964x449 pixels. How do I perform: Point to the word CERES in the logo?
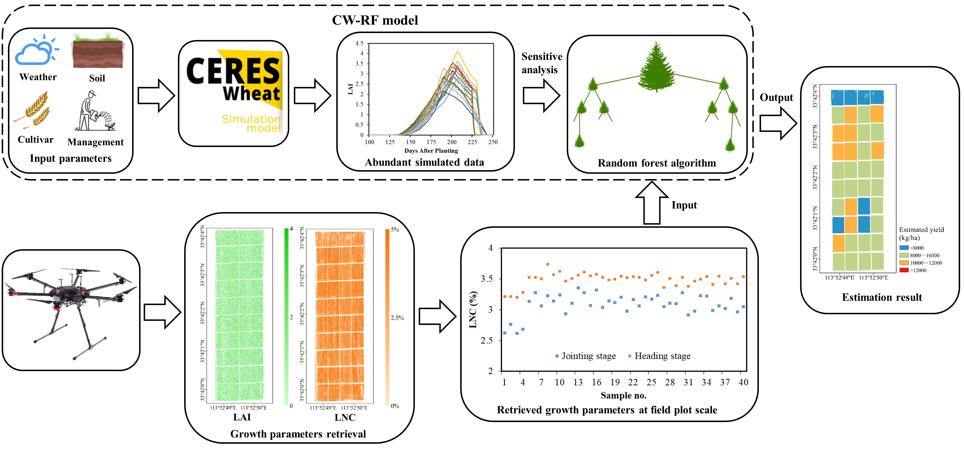[x=233, y=71]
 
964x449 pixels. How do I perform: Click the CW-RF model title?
[x=375, y=20]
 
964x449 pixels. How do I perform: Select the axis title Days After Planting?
[x=431, y=151]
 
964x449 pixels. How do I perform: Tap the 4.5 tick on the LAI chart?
[x=359, y=43]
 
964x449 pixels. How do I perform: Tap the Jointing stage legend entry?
[x=586, y=356]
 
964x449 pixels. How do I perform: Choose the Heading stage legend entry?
[x=659, y=356]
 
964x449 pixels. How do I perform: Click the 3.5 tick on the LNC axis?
[x=486, y=279]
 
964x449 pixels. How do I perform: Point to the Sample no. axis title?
[x=623, y=395]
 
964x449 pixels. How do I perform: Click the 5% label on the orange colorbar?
[x=395, y=230]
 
